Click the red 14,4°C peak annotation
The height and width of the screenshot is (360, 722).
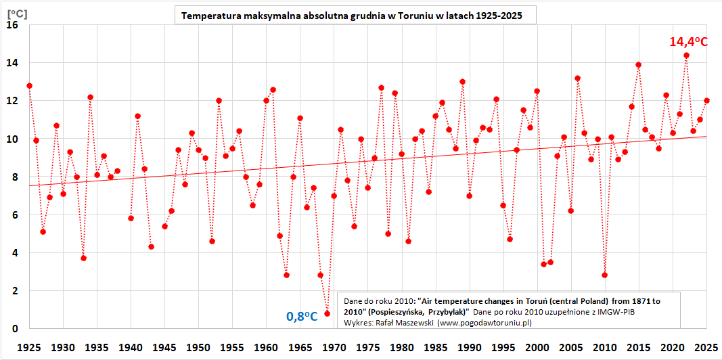coord(688,42)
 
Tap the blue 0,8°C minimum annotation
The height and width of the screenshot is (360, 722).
coord(302,316)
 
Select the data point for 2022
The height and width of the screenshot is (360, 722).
coord(686,55)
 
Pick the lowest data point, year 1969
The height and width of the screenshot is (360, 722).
coord(327,313)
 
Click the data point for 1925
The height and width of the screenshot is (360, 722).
coord(29,86)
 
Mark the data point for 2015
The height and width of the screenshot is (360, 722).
coord(639,65)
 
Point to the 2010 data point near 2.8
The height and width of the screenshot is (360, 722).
coord(604,275)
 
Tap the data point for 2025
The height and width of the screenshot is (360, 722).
coord(706,101)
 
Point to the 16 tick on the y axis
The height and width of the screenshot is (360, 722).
coord(12,25)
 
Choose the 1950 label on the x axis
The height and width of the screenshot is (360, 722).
coord(198,346)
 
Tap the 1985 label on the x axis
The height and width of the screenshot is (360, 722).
coord(436,346)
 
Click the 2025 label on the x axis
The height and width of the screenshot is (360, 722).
coord(706,346)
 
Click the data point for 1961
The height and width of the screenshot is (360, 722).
coord(273,89)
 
